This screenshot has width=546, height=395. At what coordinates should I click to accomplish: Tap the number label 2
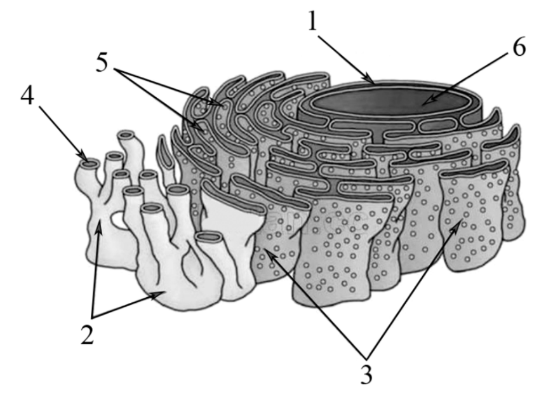tap(88, 335)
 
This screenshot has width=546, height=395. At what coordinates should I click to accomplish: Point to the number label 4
tap(27, 95)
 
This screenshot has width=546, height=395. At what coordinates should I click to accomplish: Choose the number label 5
tap(102, 63)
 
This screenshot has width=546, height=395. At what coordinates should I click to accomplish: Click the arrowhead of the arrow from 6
tap(428, 100)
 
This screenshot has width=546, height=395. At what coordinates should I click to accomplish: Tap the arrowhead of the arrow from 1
tap(371, 79)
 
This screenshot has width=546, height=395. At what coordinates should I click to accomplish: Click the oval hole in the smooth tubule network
tap(117, 220)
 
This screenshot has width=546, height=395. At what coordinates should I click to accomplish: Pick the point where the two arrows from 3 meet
tap(366, 358)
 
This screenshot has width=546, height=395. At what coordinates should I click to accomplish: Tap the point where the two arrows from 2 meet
tap(92, 317)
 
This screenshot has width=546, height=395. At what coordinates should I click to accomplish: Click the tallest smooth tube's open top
tap(127, 135)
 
